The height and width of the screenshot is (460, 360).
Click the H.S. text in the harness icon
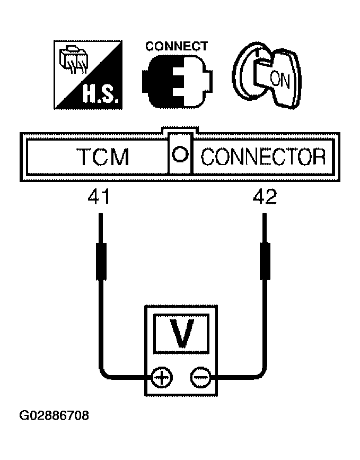point(101,94)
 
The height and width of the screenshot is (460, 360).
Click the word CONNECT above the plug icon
point(177,46)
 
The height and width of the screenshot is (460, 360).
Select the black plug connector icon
point(177,81)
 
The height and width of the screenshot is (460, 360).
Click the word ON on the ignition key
point(279,79)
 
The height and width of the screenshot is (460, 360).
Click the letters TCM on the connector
point(103,157)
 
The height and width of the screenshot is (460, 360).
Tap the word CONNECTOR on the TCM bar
point(263,157)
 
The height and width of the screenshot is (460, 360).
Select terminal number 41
point(99,196)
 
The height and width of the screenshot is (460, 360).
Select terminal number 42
point(265,196)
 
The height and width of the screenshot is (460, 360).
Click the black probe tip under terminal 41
point(101,261)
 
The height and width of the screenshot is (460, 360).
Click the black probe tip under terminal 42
point(265,261)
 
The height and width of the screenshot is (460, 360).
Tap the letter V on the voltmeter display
point(182,334)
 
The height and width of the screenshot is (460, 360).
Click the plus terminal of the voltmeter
point(162,377)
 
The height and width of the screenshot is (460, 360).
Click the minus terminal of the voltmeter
point(200,377)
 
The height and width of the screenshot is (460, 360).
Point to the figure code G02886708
point(54,416)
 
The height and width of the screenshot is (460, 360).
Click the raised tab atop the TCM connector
point(180,129)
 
